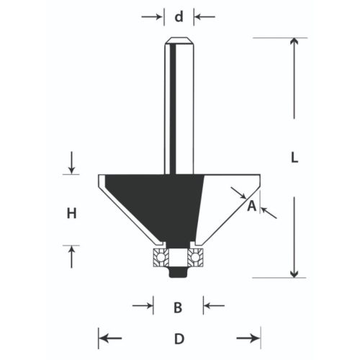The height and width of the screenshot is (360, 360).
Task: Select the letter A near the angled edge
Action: [x=251, y=207]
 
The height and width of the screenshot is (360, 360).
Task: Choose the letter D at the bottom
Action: [x=179, y=338]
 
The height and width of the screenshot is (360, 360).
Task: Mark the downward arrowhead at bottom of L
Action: [x=294, y=272]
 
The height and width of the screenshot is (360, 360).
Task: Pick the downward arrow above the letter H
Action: [x=71, y=165]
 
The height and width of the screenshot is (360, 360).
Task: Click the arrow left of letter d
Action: [x=156, y=15]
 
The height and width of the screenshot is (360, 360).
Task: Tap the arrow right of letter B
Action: [x=210, y=306]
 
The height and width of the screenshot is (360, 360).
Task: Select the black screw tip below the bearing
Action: [x=176, y=273]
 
